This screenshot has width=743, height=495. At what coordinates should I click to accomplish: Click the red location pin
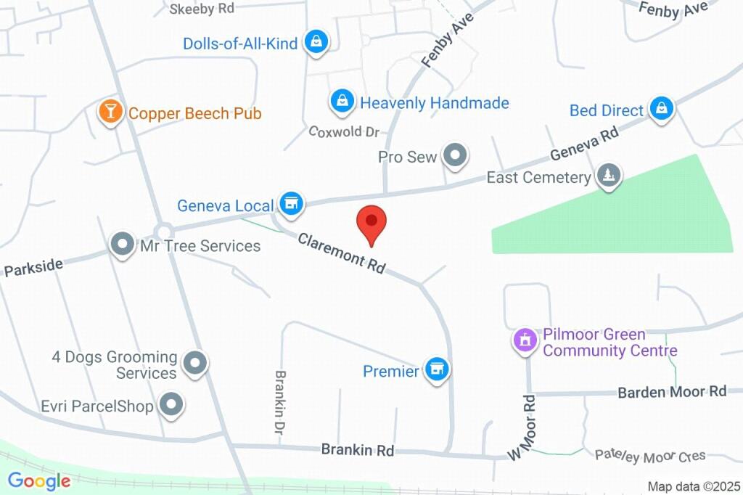[x=371, y=223]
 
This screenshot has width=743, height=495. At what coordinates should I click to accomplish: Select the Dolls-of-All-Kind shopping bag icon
[x=316, y=42]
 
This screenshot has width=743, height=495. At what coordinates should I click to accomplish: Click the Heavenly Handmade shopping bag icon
[x=342, y=102]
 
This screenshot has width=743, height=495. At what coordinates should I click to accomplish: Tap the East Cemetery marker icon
[x=608, y=176]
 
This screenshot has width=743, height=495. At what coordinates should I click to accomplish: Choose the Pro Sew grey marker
[x=455, y=155]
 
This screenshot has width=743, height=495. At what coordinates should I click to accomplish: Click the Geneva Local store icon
[x=292, y=205]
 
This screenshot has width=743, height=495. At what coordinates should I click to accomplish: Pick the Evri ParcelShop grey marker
[x=171, y=405]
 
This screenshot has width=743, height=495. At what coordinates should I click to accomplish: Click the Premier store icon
[x=436, y=371]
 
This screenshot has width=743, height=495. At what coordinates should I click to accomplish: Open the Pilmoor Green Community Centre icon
[x=524, y=339]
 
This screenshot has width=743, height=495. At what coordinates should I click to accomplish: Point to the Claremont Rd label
[x=341, y=253]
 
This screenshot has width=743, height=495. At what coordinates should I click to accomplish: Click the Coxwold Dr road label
[x=344, y=131]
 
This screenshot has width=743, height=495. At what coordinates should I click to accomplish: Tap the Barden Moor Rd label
[x=672, y=392]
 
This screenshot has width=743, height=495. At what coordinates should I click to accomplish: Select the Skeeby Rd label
[x=202, y=9]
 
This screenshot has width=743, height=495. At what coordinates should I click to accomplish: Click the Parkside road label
[x=33, y=267]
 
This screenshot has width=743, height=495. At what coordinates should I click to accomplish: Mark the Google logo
[x=39, y=480]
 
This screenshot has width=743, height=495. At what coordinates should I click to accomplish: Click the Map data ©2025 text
[x=694, y=486]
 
